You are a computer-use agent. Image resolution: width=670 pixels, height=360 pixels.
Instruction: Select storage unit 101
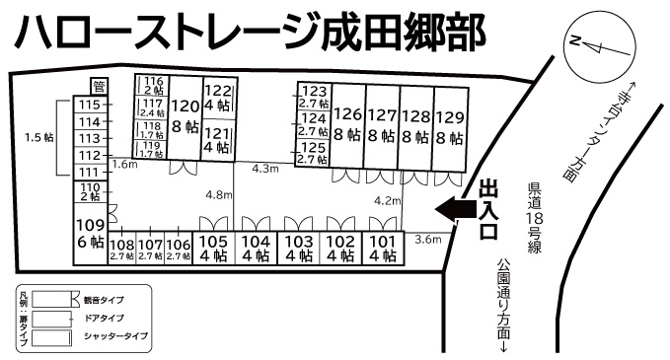coord(382,247)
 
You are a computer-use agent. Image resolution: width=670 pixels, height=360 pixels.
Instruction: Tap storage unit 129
coord(449,125)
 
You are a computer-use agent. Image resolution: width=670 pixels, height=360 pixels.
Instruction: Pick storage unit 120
coord(185,116)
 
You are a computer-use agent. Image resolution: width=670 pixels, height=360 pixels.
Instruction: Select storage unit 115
coord(91,106)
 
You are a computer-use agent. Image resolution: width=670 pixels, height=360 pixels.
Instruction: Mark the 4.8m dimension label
coord(218,195)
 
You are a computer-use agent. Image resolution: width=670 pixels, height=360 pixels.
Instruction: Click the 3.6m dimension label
coord(428,240)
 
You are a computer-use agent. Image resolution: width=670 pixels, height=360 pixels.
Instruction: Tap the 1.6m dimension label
coord(124,165)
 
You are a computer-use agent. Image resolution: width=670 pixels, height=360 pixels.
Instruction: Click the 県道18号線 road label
coord(535,217)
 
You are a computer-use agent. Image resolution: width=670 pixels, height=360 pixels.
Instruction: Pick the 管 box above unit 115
coord(97,87)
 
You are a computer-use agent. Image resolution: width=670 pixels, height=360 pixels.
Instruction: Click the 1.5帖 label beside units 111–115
coord(37,138)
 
